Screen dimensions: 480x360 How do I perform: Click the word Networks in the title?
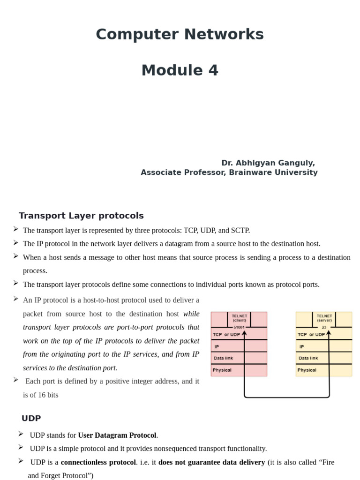click(225, 35)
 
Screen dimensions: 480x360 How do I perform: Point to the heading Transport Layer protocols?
click(81, 216)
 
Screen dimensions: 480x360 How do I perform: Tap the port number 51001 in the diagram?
click(239, 327)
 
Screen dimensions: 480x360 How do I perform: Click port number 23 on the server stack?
click(324, 327)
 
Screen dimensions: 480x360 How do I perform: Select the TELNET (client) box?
click(239, 318)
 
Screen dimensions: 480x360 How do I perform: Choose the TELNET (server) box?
click(324, 318)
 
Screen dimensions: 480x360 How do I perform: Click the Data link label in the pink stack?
click(224, 358)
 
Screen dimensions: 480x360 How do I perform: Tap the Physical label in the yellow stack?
click(307, 370)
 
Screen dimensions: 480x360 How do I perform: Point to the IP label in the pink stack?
click(217, 347)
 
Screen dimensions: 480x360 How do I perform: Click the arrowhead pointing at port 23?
click(329, 332)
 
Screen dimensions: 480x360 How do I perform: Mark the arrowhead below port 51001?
click(244, 333)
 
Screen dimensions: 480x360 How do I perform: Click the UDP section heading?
click(31, 418)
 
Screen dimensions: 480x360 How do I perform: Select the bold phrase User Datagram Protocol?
click(117, 435)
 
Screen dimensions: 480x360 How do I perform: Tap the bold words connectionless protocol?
click(98, 462)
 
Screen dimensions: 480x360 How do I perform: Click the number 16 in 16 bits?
click(38, 395)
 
